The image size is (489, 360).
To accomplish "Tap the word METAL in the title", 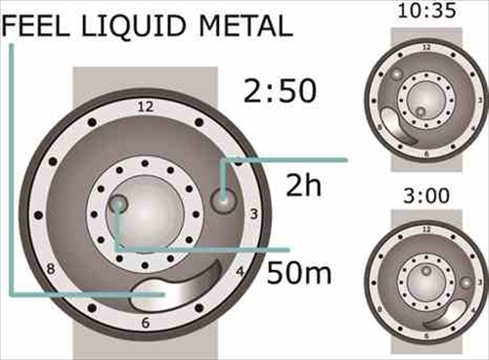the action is (x=245, y=25).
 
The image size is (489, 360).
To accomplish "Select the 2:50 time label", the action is (x=280, y=91).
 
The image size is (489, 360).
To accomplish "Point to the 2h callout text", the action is (x=303, y=185).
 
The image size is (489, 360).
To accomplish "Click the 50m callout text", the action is (x=299, y=272).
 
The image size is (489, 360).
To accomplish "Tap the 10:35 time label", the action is (x=426, y=11).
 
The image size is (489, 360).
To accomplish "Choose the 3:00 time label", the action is (x=426, y=196).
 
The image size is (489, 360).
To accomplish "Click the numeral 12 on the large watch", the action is (x=145, y=107).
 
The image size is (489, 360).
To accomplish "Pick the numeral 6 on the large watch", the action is (x=146, y=322).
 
